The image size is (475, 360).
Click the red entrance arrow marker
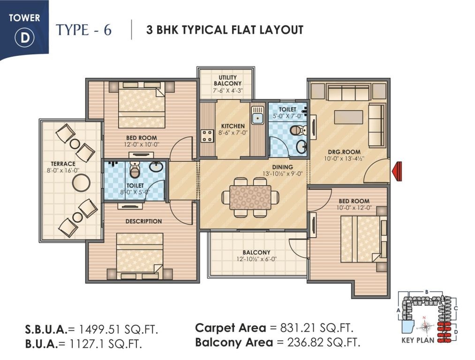(x=398, y=171)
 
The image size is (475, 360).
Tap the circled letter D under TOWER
(x=24, y=38)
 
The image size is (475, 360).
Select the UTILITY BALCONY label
(x=227, y=81)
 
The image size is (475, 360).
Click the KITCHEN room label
(x=233, y=126)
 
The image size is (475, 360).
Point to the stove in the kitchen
(x=207, y=135)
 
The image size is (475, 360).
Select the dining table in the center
(x=250, y=197)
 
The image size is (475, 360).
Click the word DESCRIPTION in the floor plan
(x=143, y=221)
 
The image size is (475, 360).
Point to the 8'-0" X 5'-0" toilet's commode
(x=135, y=171)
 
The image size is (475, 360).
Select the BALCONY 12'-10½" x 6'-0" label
(x=256, y=253)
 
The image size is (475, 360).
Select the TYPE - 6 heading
(x=84, y=30)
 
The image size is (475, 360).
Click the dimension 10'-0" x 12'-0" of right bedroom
(x=354, y=207)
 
